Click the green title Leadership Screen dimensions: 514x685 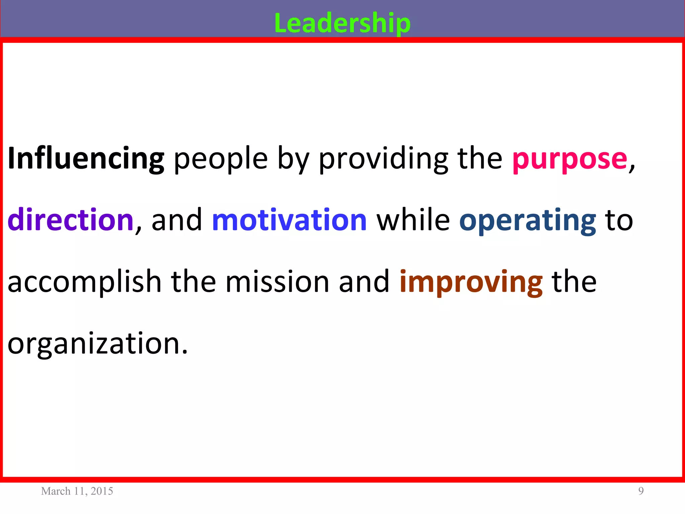pyautogui.click(x=342, y=23)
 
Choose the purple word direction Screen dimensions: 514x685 pyautogui.click(x=71, y=220)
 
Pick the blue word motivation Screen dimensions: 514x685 pyautogui.click(x=289, y=220)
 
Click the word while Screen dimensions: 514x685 pyautogui.click(x=413, y=220)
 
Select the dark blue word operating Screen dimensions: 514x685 pyautogui.click(x=527, y=220)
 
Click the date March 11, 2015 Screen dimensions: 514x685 pyautogui.click(x=77, y=491)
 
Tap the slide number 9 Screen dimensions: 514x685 pyautogui.click(x=641, y=491)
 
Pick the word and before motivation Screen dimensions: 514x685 pyautogui.click(x=177, y=220)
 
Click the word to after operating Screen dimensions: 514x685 pyautogui.click(x=619, y=220)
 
